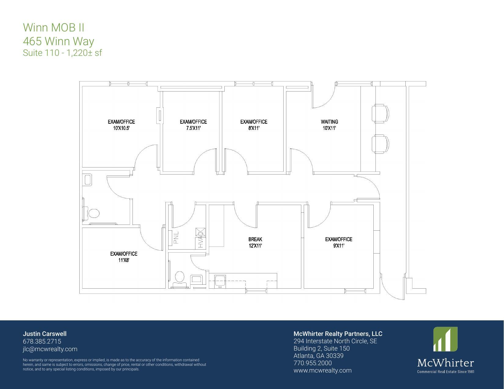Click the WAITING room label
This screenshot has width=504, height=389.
coord(329,122)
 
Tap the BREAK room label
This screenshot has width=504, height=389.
coord(255,239)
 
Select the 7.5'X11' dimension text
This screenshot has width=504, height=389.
coord(193,128)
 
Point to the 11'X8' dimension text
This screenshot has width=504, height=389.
coord(124,260)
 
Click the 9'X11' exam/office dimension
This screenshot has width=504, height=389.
coord(339,246)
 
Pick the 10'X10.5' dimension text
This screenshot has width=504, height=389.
coord(121,128)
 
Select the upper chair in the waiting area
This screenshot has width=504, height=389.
coord(380,113)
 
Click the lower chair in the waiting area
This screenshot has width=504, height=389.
coord(380,144)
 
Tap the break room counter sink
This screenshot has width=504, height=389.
coord(220,280)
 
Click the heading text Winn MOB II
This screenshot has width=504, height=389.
coord(54,27)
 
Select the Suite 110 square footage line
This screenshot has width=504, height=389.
coord(62,53)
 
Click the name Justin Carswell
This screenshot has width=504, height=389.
coord(45,334)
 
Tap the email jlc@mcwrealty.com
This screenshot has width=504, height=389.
coord(50,349)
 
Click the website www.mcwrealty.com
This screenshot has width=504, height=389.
coord(322,370)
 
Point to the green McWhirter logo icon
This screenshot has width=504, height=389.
coord(445,339)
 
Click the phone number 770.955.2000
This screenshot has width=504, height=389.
coord(313,363)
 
